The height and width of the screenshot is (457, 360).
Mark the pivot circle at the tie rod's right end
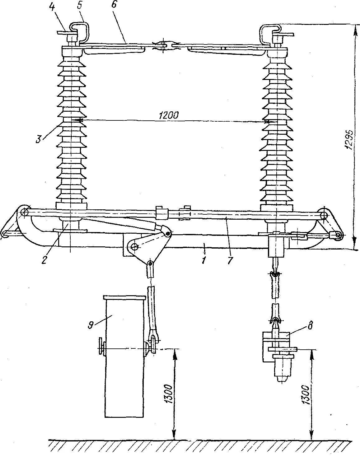click(x=324, y=214)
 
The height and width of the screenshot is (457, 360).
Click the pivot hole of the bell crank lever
click(x=134, y=247)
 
